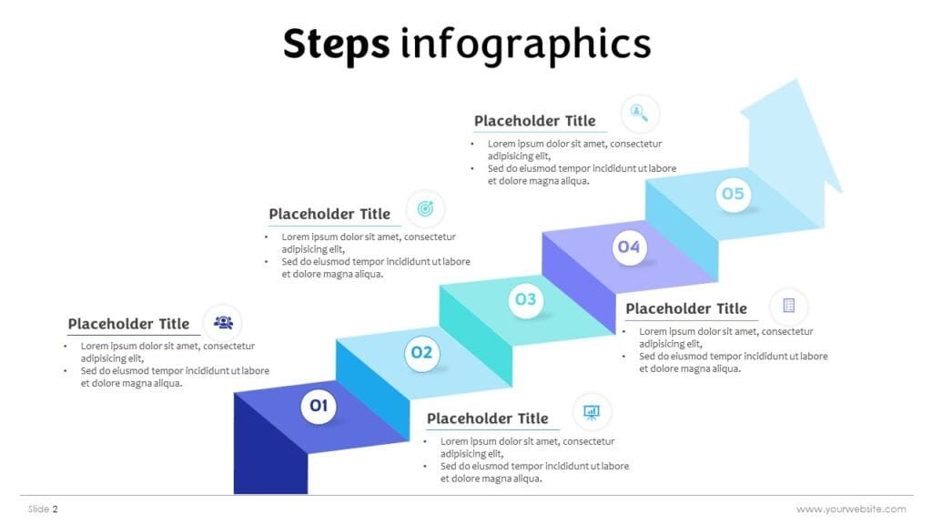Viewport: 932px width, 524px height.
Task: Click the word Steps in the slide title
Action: coord(336,44)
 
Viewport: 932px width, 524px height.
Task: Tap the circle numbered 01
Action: coord(319,406)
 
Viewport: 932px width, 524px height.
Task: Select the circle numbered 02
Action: coord(421,352)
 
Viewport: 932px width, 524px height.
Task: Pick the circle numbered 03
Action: coord(526,298)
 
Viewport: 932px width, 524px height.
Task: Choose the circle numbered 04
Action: coord(629,247)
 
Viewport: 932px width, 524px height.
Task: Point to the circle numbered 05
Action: coord(733,194)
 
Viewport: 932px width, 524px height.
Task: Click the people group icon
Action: coord(223,322)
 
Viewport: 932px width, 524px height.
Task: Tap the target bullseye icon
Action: coord(425,209)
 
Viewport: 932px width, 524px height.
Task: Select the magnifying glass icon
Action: coord(640,114)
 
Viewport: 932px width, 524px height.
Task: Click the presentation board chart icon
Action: coord(592,412)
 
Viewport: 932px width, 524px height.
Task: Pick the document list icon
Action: coord(788,306)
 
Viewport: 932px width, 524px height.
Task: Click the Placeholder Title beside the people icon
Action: coord(128,324)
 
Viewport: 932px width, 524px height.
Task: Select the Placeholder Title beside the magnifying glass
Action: coord(534,121)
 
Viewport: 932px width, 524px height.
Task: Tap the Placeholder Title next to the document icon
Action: coord(685,309)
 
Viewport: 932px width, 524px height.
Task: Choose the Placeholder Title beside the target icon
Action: coord(329,215)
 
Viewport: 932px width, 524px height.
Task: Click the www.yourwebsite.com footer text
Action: coord(851,509)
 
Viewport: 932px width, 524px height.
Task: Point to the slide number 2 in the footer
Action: coord(55,509)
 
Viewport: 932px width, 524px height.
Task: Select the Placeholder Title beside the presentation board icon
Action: coord(487,418)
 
